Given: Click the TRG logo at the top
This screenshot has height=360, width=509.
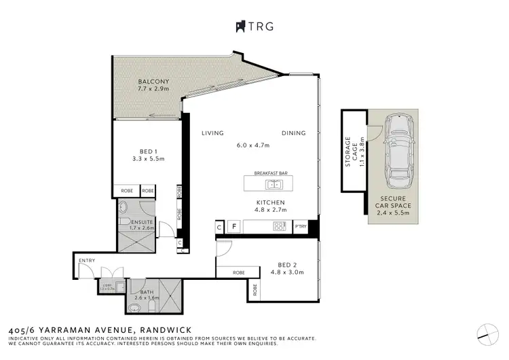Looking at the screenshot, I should (254, 26).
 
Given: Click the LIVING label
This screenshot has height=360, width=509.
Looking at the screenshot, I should (212, 133).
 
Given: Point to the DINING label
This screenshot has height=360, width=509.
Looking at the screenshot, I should (294, 133).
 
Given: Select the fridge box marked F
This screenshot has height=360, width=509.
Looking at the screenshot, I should (234, 226).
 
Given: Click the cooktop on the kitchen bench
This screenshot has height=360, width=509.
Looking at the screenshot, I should (278, 226).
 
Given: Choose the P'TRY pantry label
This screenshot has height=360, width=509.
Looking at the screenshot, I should (301, 226).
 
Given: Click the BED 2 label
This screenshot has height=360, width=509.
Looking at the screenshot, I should (288, 264).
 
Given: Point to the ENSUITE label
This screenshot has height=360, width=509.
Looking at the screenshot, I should (142, 222).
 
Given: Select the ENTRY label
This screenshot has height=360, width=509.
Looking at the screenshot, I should (87, 260).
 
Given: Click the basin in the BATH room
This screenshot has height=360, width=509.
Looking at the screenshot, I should (133, 306).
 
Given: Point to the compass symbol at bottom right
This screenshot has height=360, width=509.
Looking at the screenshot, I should (486, 332).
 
